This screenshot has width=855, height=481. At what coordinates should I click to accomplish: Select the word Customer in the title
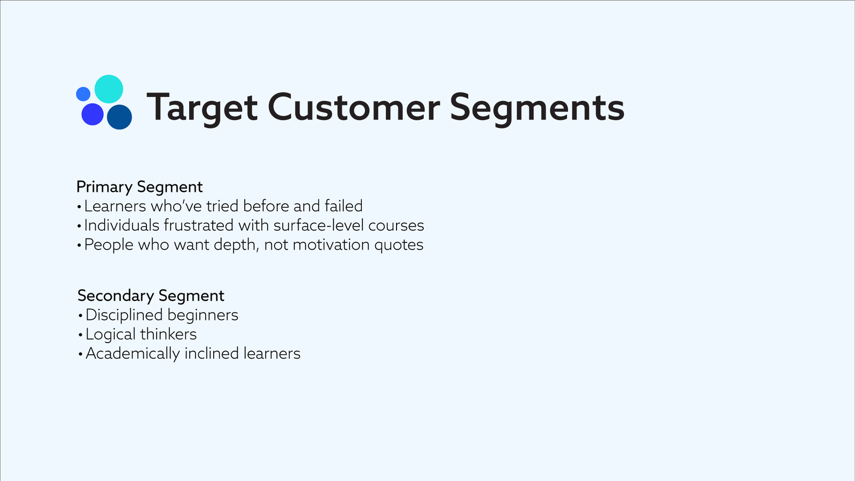[354, 107]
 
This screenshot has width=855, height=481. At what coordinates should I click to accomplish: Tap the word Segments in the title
[538, 108]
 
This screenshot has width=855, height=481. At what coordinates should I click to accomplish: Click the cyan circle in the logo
[109, 89]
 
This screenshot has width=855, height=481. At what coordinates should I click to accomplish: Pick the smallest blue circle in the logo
[83, 94]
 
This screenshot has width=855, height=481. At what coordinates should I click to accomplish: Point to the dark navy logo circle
[120, 117]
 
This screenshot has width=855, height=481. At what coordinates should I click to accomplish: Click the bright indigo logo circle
[92, 114]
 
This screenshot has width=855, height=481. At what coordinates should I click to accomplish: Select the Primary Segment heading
[139, 187]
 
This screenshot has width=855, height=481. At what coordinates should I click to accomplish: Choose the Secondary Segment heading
[151, 296]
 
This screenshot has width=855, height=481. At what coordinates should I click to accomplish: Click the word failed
[344, 206]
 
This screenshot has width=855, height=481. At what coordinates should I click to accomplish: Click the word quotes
[399, 245]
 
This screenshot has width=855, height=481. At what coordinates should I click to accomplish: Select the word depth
[236, 245]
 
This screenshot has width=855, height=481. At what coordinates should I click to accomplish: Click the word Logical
[111, 335]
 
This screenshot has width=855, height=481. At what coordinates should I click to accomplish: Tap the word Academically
[133, 354]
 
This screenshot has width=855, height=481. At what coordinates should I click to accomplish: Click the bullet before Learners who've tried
[79, 207]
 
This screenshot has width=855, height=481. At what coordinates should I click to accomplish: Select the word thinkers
[168, 335]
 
